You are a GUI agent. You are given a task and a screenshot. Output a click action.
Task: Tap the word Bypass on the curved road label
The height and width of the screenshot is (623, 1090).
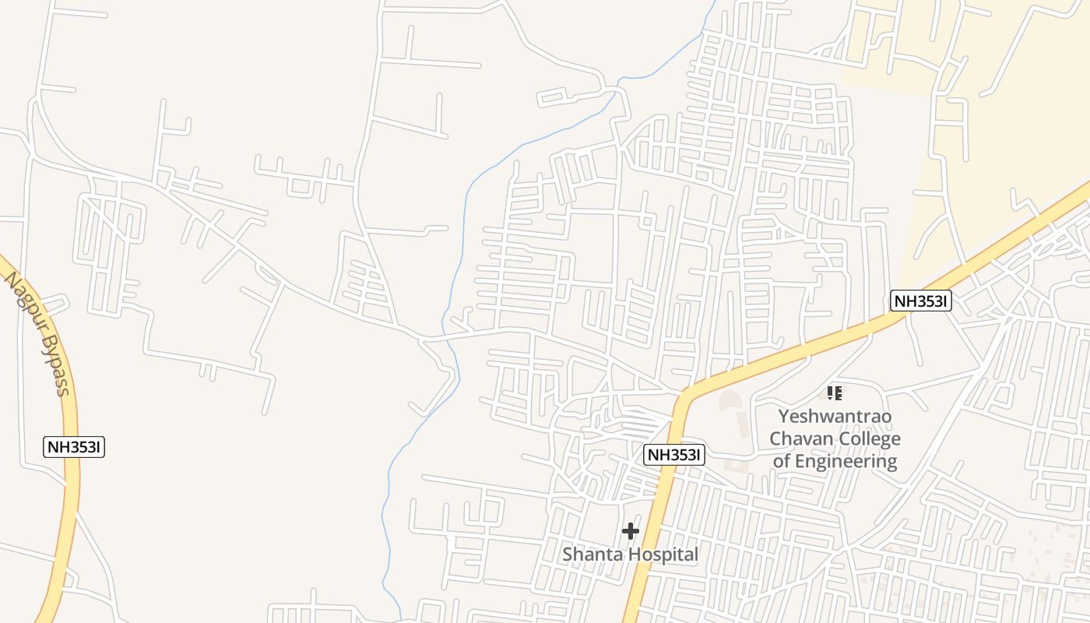click(x=54, y=365)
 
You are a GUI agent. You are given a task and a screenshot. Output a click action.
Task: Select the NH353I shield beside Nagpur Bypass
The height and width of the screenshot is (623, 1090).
click(x=75, y=447)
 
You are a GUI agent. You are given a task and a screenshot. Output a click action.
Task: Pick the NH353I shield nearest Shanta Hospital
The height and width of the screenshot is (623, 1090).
click(x=674, y=456)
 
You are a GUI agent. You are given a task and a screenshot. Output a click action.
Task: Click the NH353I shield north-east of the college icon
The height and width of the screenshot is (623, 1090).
click(x=921, y=301)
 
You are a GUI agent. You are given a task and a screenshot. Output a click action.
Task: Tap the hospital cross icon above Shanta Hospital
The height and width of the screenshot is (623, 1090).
click(x=631, y=531)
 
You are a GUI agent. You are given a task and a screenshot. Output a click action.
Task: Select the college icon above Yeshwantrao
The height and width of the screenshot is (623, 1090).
click(x=835, y=393)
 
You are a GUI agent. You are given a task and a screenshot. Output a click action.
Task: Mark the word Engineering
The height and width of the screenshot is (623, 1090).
click(x=847, y=461)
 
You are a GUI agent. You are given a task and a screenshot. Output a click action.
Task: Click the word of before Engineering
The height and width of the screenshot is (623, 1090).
click(x=782, y=461)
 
